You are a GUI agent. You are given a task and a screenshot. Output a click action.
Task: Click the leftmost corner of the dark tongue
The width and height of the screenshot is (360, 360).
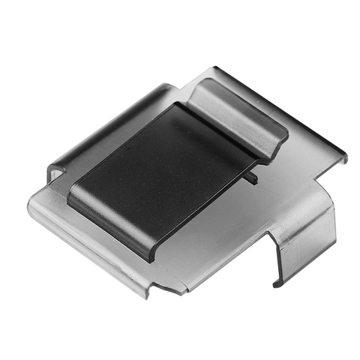click(69, 196)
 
